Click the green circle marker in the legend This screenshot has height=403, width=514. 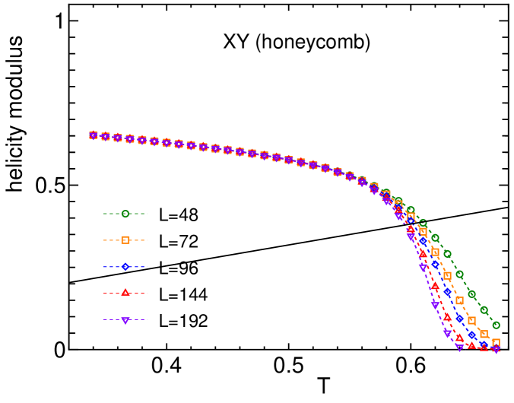click(125, 214)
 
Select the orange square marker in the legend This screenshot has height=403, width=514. click(125, 240)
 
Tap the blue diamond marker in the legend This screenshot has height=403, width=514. click(125, 267)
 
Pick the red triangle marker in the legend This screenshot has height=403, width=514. click(125, 293)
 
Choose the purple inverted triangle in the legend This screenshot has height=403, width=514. click(125, 320)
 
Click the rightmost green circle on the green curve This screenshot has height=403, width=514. click(496, 325)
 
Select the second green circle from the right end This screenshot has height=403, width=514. click(484, 309)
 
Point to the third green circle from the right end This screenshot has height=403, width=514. click(471, 294)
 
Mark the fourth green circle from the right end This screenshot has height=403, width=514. click(459, 274)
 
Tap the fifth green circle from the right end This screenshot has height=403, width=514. click(447, 254)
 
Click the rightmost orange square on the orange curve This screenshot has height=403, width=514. click(496, 343)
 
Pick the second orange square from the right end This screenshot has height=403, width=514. click(484, 334)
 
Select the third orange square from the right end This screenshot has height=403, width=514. click(471, 320)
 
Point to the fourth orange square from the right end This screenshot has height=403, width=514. click(459, 300)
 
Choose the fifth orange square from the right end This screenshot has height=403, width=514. click(447, 276)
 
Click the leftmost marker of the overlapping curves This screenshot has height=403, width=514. click(94, 135)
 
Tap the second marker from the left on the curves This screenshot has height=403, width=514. click(106, 136)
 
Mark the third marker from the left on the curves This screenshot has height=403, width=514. click(118, 138)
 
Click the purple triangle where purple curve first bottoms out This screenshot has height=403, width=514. click(459, 347)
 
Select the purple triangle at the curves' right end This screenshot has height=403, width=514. click(496, 350)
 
